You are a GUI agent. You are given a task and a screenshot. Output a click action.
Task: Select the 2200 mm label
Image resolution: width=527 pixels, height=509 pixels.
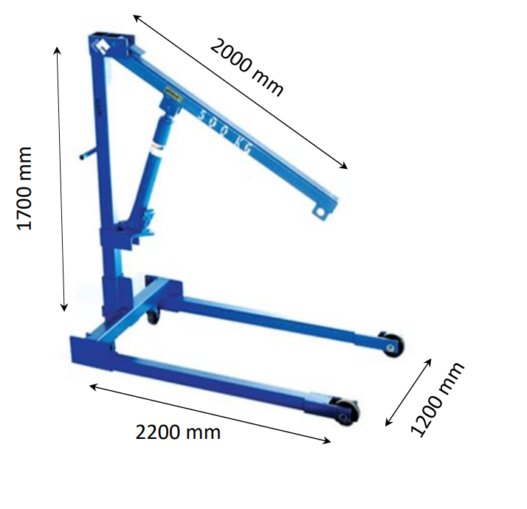178,432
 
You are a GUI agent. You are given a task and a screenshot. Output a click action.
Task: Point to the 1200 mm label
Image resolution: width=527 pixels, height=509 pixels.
437,400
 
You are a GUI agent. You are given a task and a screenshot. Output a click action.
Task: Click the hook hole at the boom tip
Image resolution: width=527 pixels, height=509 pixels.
320,212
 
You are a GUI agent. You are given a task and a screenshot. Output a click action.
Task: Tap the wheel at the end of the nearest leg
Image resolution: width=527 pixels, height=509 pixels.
345,414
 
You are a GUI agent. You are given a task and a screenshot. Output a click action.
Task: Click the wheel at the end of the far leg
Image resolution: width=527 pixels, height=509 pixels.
392,346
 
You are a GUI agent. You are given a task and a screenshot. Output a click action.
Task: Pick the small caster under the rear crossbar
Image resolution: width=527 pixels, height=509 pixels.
154,317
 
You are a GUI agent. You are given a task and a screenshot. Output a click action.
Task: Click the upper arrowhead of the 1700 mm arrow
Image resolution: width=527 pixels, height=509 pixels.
58,49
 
